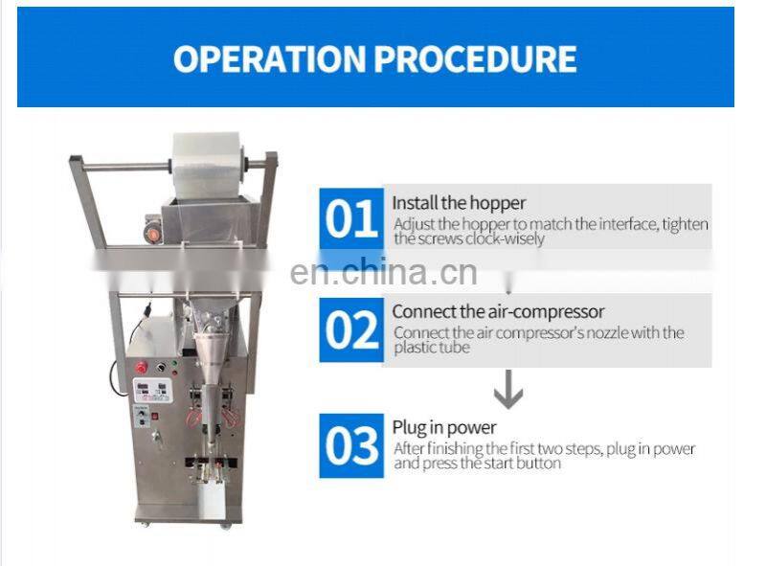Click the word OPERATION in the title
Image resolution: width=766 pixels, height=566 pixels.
(269, 58)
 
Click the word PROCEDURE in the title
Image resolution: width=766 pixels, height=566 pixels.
(475, 58)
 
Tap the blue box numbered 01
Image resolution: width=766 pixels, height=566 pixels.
(350, 220)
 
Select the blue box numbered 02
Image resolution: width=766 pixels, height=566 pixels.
(350, 329)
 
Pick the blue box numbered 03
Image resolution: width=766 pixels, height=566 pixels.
(350, 445)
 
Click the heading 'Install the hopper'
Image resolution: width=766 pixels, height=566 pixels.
(459, 203)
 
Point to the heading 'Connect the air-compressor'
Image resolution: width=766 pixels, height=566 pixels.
(498, 311)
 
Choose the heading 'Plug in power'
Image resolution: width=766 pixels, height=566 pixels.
(444, 428)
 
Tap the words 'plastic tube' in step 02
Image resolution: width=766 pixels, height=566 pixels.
(432, 348)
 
